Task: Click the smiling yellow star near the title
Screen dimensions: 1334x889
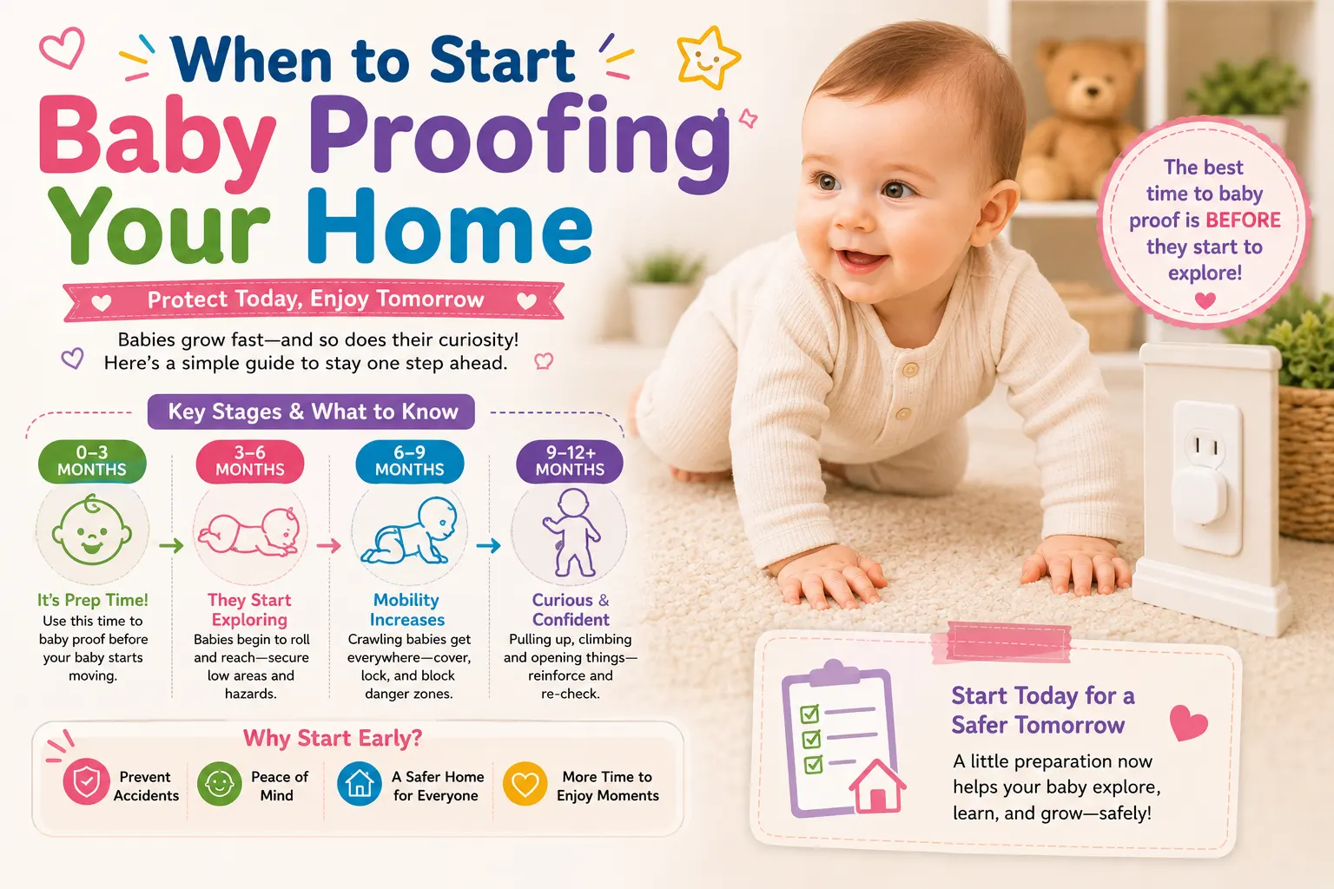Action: (x=708, y=58)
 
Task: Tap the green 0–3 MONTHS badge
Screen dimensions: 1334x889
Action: (x=92, y=462)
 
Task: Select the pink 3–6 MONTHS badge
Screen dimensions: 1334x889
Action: (x=250, y=462)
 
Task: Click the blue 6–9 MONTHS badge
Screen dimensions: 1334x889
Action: (x=410, y=462)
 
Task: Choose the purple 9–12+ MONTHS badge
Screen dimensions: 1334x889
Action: (x=570, y=462)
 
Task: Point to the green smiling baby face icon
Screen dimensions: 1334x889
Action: (x=92, y=530)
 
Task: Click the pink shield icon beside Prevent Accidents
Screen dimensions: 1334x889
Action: (x=86, y=781)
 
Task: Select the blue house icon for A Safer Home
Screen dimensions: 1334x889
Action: (x=359, y=784)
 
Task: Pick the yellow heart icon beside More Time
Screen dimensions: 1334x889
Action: (x=525, y=784)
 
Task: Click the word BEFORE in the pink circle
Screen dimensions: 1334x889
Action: (x=1243, y=221)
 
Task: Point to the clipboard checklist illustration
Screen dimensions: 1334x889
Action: (x=843, y=738)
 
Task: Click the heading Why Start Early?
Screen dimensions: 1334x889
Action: (x=333, y=738)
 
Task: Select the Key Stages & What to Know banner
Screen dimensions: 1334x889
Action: (x=312, y=412)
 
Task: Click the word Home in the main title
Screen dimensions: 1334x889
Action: (x=450, y=227)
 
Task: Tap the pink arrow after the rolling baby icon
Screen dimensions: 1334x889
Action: (x=328, y=545)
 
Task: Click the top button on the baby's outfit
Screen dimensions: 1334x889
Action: (x=910, y=371)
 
